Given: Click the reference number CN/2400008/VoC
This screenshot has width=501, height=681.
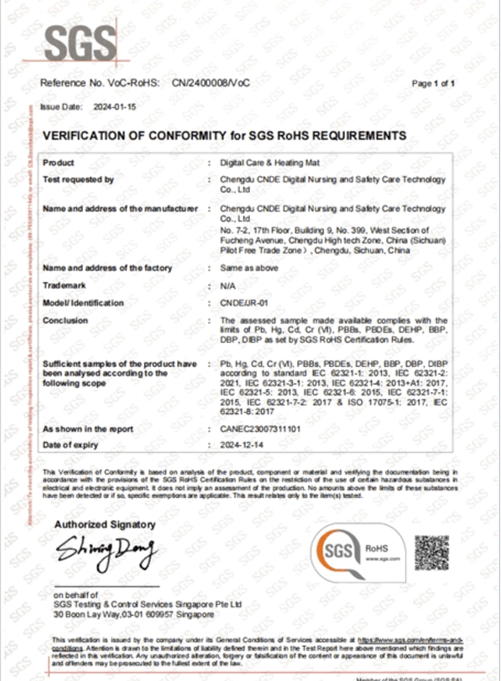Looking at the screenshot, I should [x=211, y=83].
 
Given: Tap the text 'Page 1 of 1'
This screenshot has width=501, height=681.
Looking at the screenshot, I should [x=433, y=84].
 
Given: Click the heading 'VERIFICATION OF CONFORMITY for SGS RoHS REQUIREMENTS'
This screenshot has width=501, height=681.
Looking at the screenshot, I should [x=225, y=136].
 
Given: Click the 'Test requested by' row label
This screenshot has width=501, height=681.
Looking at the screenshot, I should [x=78, y=180].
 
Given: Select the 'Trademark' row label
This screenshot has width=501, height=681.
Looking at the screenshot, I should [x=64, y=286].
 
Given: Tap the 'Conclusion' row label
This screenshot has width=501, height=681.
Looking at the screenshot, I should [x=65, y=321].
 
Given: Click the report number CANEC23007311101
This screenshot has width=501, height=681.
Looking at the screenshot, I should [x=260, y=430].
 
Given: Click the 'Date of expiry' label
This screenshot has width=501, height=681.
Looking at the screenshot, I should [x=70, y=445].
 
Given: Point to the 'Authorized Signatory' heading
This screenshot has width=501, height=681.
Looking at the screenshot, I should [x=105, y=524].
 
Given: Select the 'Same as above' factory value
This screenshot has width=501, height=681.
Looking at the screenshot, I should [x=249, y=268].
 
